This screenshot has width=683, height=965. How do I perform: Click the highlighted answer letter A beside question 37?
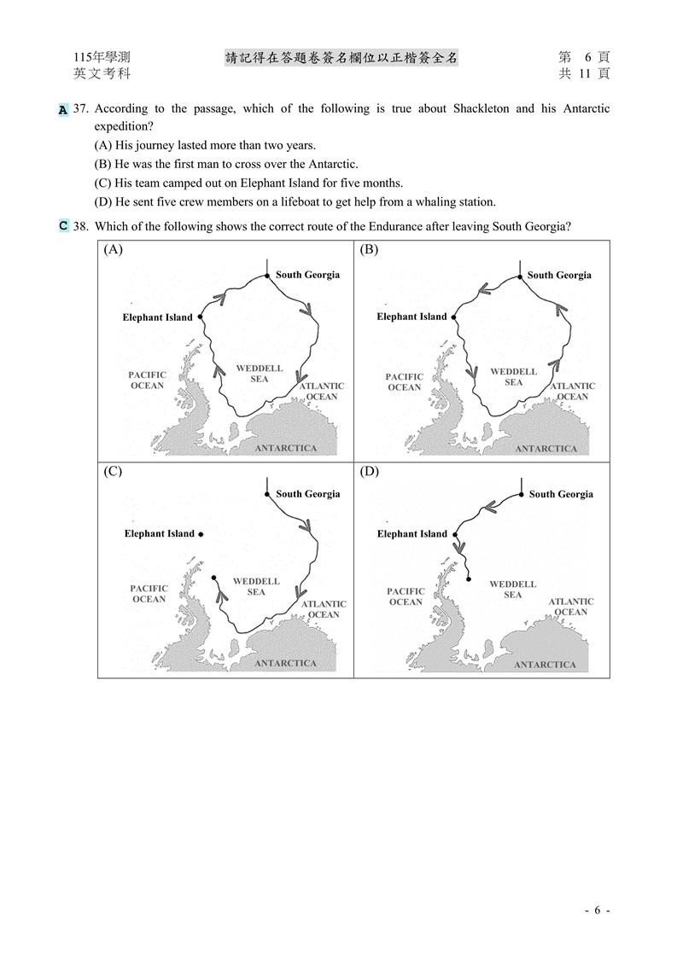click(63, 110)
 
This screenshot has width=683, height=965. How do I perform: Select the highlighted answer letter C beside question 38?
click(63, 226)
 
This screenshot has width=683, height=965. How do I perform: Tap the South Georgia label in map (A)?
click(307, 275)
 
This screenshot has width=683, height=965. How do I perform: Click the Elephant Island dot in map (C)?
click(201, 534)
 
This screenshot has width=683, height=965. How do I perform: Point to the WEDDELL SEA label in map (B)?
click(513, 377)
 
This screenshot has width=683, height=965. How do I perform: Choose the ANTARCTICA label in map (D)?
click(545, 665)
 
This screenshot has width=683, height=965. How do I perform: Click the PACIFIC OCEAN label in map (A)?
click(147, 381)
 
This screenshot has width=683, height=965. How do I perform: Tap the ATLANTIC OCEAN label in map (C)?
click(323, 609)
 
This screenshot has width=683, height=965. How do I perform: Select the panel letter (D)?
click(369, 471)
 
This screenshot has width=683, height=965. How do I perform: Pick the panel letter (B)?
click(369, 249)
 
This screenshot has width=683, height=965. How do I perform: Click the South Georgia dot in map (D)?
click(521, 494)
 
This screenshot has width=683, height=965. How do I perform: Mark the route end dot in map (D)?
click(470, 579)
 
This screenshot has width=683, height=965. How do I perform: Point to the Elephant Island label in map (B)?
click(412, 317)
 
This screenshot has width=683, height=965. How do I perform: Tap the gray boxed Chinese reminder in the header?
click(341, 57)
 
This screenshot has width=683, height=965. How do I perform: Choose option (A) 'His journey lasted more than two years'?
click(205, 145)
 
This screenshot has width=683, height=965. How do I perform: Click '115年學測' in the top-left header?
click(102, 57)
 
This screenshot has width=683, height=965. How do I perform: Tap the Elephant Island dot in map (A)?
click(200, 317)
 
